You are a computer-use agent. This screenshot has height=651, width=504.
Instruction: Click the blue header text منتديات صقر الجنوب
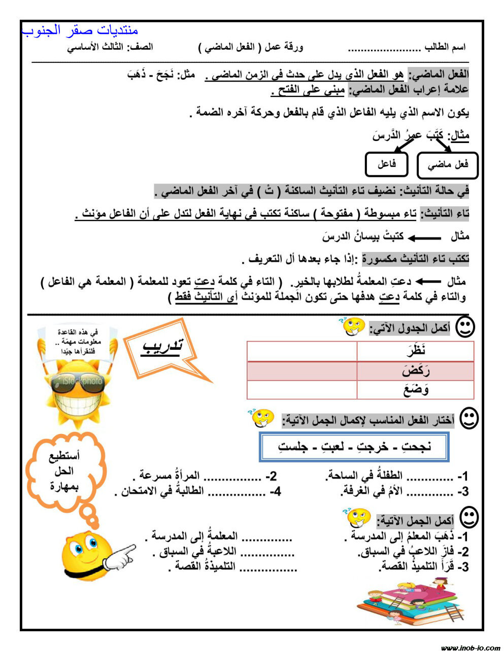pos(80,30)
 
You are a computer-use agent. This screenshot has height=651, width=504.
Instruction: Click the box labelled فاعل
pos(387,164)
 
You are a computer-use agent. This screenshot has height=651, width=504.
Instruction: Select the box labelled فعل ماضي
pos(448,165)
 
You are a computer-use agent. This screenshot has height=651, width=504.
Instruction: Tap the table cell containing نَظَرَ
pos(415,351)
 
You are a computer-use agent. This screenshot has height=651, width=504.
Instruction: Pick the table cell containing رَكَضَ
pos(415,371)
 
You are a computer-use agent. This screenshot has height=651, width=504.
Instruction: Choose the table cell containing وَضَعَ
pos(415,390)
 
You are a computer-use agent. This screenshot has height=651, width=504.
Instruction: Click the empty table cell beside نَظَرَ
pos(301,351)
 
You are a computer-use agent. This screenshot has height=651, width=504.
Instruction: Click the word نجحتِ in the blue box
pos(416,447)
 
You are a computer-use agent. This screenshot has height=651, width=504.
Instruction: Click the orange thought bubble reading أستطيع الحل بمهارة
pos(65,472)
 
